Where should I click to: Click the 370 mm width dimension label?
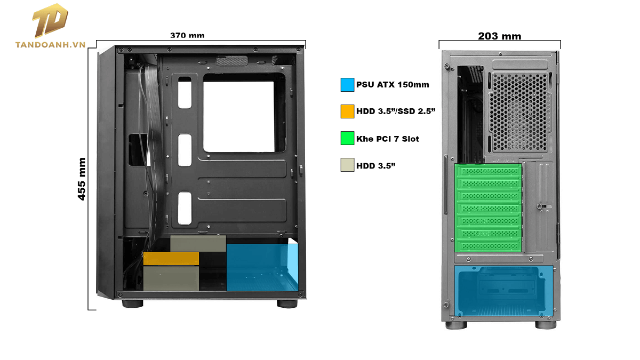pos(187,36)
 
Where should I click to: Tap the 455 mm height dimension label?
pos(82,179)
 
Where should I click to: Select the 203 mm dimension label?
pos(500,36)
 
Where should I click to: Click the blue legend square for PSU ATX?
pos(347,84)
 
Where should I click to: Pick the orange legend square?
pos(347,111)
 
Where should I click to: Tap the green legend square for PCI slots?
pos(347,139)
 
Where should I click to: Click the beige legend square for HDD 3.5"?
pos(347,165)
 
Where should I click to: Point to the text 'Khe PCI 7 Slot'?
pos(388,139)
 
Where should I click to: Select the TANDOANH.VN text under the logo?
pos(51,45)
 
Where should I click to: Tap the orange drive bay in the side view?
pos(171,259)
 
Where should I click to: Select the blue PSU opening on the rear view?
pos(502,291)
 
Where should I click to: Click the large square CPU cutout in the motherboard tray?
pos(238,116)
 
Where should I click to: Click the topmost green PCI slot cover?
pos(488,172)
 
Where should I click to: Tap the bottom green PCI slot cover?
pos(488,246)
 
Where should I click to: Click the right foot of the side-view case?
pos(287,303)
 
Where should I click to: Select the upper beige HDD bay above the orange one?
pos(198,243)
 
